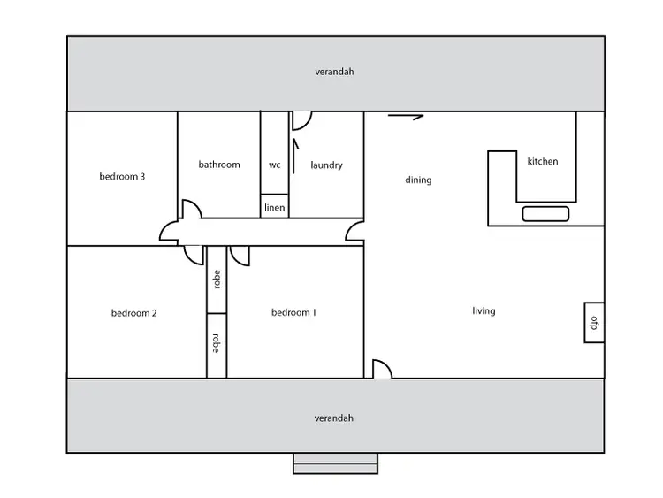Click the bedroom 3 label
[122, 176]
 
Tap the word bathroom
[218, 165]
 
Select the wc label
[274, 165]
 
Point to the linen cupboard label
[274, 208]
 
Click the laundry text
[326, 165]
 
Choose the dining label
[418, 180]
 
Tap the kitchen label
[543, 162]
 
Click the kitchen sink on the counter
[545, 213]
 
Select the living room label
[484, 310]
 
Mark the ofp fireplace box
[594, 323]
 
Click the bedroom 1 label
[293, 312]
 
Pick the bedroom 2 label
[133, 312]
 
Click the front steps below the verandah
[335, 464]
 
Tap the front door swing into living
[382, 370]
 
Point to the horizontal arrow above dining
[406, 116]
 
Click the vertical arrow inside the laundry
[296, 150]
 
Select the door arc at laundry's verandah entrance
[302, 119]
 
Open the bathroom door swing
[191, 210]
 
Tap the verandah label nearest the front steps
[334, 418]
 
